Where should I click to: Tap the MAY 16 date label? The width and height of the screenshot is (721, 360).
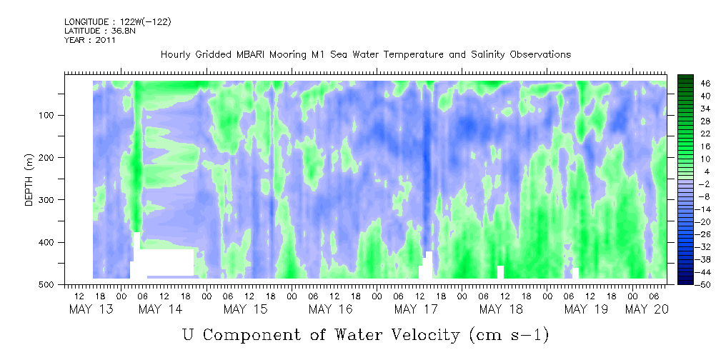point(330,309)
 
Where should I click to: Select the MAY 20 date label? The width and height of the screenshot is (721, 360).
point(647,309)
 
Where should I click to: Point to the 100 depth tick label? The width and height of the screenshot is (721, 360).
point(49,115)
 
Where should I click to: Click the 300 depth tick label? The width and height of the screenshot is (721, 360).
point(49,200)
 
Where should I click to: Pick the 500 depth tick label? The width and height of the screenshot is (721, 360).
point(49,284)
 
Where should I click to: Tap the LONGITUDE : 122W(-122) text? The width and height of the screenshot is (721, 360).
point(117,22)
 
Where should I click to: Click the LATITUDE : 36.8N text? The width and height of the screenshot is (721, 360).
point(100,31)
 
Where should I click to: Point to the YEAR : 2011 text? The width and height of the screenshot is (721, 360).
point(89,40)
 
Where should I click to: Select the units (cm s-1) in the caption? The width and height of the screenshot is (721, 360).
point(509,335)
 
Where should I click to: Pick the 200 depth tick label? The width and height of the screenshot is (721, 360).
point(49,157)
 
